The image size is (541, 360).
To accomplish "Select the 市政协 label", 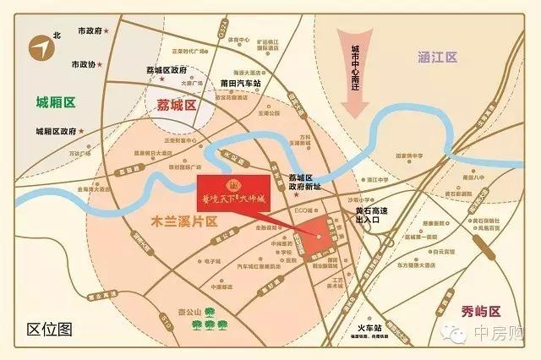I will click(x=85, y=64).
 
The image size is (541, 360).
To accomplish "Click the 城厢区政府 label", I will click(x=57, y=131).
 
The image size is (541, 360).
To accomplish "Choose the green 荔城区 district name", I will click(x=177, y=106).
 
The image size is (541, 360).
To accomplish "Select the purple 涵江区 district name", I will click(x=437, y=57).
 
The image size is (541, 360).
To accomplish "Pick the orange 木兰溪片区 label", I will click(x=174, y=221).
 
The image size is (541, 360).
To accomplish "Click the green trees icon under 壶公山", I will click(x=205, y=324).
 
